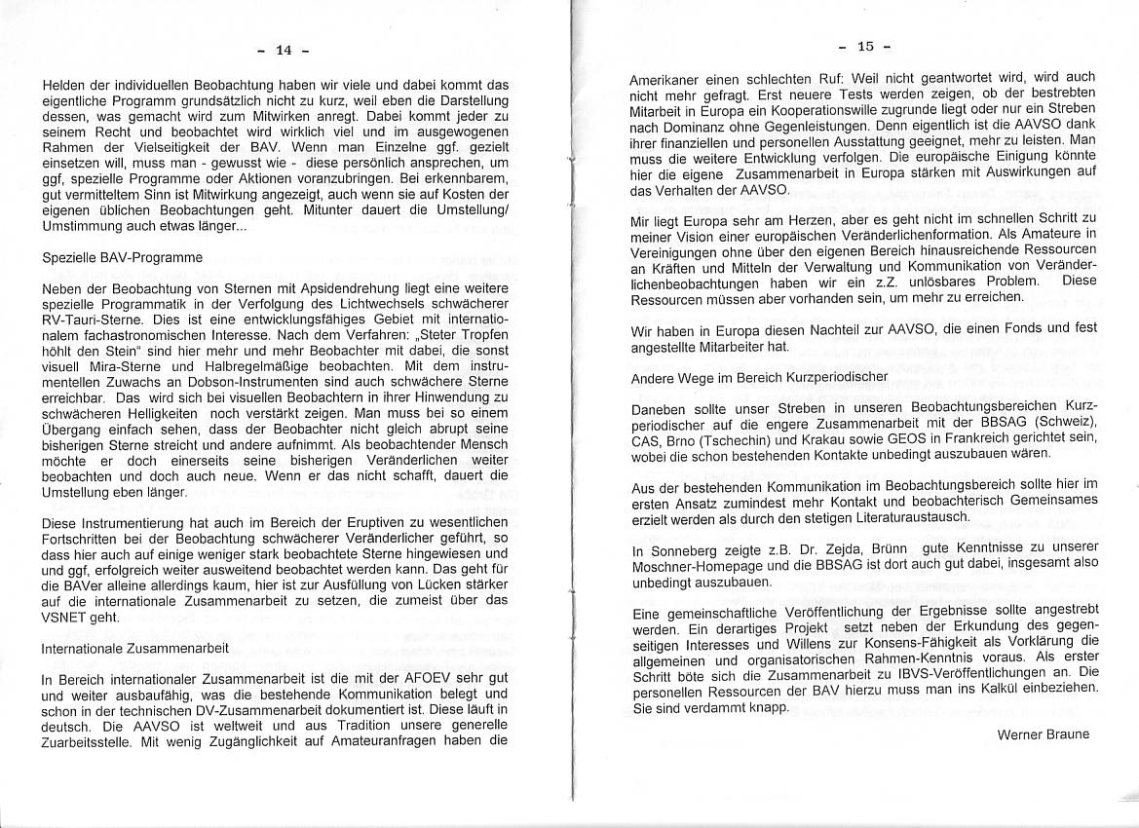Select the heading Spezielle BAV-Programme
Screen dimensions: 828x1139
[x=122, y=258]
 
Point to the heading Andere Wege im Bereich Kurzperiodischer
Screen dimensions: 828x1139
[x=759, y=376]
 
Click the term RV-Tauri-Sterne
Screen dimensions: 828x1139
[x=92, y=320]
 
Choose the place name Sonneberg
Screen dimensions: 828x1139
[x=687, y=549]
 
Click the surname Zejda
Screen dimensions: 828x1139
[x=827, y=549]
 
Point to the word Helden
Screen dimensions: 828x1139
[x=63, y=85]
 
